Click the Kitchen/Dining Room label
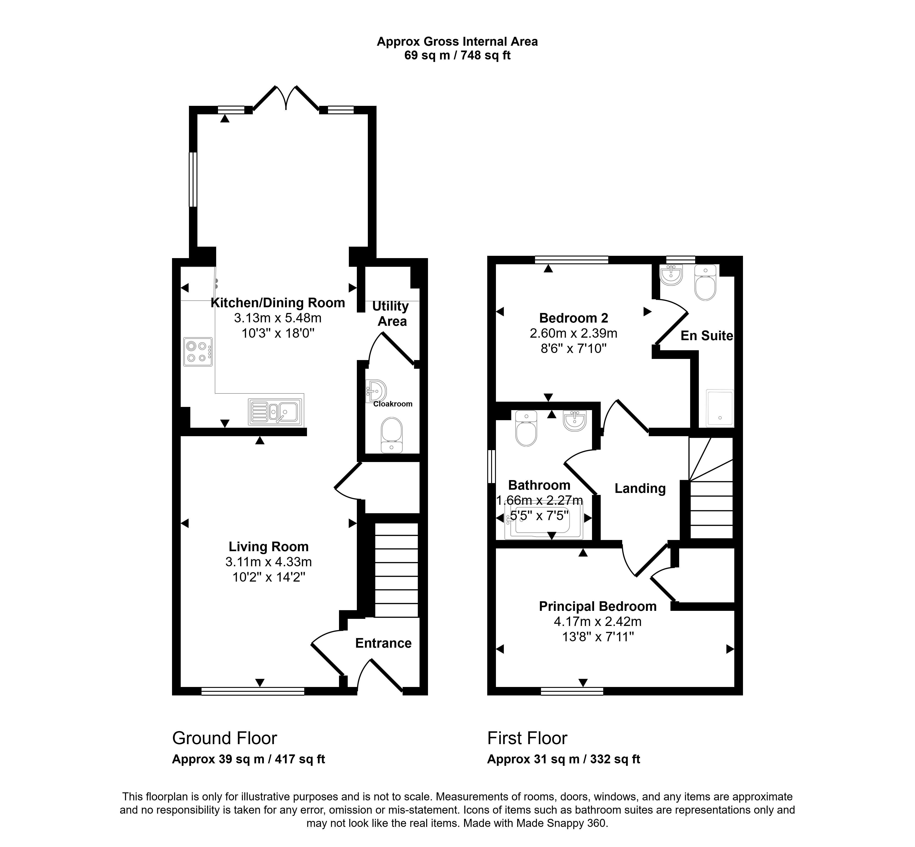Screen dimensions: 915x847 click(277, 303)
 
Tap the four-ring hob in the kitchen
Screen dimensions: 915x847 click(198, 352)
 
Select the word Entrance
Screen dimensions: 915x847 click(383, 643)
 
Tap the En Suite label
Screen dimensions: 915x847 click(707, 336)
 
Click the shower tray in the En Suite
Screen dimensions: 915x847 click(720, 408)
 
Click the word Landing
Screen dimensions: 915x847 click(640, 489)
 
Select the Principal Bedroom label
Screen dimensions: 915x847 click(598, 606)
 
